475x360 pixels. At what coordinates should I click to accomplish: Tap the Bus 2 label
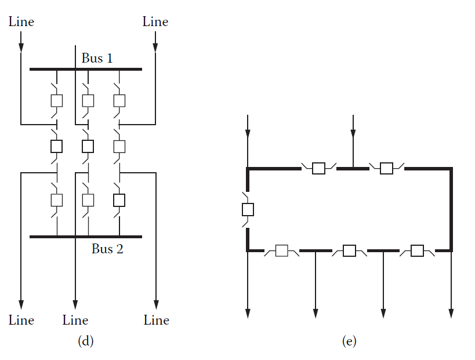click(107, 249)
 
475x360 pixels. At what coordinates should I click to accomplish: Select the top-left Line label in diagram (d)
click(21, 22)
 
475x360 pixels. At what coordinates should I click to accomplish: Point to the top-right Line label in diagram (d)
click(155, 22)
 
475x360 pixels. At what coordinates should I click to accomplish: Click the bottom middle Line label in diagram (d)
click(75, 320)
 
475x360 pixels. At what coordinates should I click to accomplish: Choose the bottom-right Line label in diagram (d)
click(156, 320)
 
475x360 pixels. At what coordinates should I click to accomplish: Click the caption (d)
click(86, 341)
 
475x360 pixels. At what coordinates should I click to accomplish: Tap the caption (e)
click(349, 341)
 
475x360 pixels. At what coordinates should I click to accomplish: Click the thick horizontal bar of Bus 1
click(86, 69)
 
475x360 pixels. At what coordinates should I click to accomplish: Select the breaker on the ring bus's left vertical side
click(248, 209)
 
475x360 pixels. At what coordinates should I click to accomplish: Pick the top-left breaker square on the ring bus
click(318, 169)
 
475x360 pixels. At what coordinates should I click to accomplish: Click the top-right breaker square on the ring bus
click(386, 169)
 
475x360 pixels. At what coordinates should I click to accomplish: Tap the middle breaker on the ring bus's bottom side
click(349, 251)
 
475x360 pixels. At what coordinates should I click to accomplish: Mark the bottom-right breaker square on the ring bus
click(417, 251)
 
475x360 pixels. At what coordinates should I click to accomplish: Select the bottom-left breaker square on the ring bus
click(282, 251)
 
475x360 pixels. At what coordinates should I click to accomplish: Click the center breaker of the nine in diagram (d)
click(88, 146)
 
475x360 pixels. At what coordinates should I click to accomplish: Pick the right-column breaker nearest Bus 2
click(119, 200)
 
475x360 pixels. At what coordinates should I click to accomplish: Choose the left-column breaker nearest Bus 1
click(57, 100)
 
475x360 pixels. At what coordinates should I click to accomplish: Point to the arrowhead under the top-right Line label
click(155, 47)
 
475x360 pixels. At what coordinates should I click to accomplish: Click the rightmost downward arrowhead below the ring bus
click(451, 313)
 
